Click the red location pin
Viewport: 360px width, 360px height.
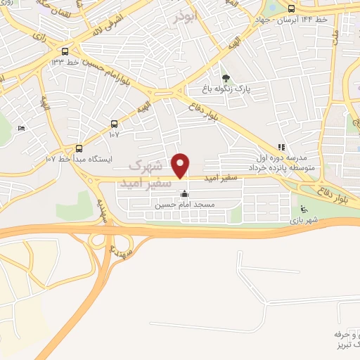181,166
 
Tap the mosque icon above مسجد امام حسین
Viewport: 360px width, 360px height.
185,195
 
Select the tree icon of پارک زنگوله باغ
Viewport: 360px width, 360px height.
225,79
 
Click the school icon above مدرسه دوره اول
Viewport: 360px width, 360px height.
282,148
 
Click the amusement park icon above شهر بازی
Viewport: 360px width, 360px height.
303,209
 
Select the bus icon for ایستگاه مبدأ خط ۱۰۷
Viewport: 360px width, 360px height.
79,148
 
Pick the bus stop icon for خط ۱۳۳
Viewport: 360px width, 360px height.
65,51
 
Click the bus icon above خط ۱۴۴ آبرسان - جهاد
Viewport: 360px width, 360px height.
291,9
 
